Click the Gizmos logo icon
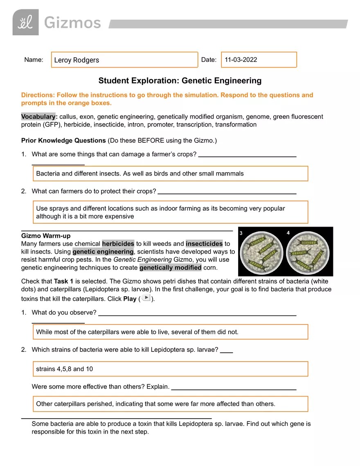point(25,23)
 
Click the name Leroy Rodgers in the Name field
point(76,60)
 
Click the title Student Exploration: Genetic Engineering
point(180,81)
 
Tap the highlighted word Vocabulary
point(38,117)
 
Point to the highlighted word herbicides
point(118,243)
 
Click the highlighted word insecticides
point(204,243)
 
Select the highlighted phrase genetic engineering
point(103,252)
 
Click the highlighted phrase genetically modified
point(170,268)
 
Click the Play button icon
point(146,298)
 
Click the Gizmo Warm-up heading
point(46,236)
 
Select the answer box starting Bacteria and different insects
point(170,173)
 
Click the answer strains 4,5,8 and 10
point(65,369)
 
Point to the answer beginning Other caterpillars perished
point(155,404)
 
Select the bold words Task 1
point(63,281)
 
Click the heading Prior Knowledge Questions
point(63,140)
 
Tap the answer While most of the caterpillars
point(137,332)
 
